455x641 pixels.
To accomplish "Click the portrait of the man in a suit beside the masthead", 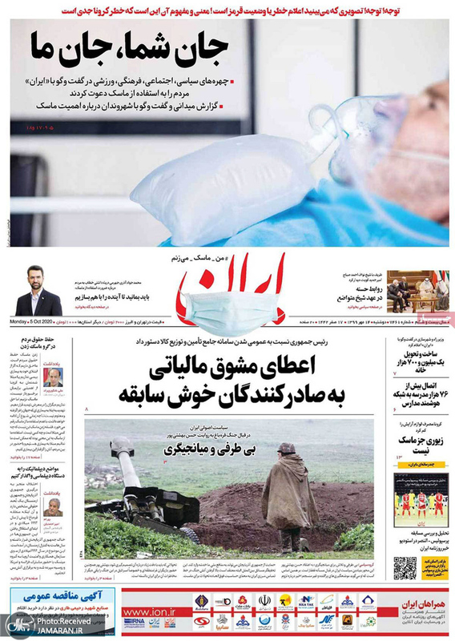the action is click(x=38, y=290).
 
